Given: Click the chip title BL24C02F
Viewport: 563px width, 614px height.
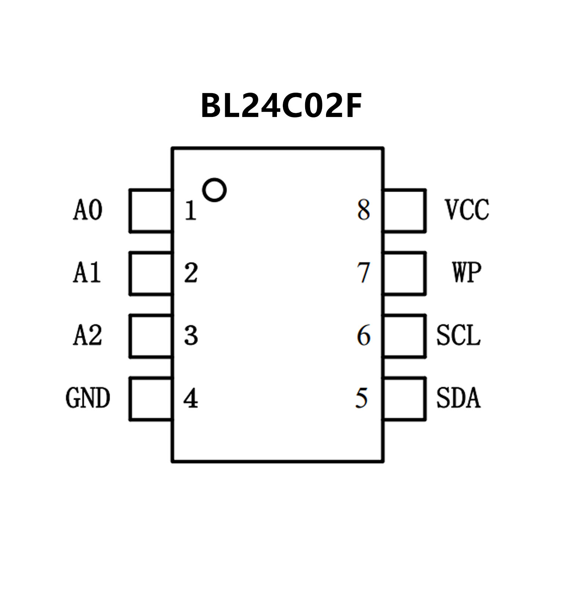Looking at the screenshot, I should tap(281, 106).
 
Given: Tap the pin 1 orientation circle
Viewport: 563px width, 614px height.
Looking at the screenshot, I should tap(214, 190).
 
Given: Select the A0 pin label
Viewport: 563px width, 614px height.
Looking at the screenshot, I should tap(88, 210).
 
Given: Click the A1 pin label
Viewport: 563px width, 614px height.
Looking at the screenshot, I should tap(87, 273).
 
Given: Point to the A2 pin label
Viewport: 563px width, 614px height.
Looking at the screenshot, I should tap(88, 335).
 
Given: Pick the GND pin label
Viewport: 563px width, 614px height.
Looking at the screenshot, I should tap(88, 398).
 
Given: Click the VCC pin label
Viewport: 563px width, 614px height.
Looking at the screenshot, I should tap(467, 210).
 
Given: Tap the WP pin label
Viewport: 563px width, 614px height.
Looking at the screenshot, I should tap(467, 273).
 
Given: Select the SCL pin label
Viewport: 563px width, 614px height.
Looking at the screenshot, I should tap(458, 335).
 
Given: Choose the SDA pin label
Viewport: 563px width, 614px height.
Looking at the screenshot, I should tap(458, 398).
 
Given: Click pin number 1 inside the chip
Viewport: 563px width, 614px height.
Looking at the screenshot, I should tap(190, 211).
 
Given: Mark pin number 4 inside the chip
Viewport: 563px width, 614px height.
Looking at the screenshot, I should tap(191, 399).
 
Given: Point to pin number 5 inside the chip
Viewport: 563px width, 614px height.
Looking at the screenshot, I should tap(362, 399).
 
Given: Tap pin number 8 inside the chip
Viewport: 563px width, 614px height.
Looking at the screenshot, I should tap(363, 211).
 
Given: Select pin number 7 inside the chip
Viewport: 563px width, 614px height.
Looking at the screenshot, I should tap(363, 273).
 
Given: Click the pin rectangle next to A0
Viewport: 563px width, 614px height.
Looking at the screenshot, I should tap(151, 211).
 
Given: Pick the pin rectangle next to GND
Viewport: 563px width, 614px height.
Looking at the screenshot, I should tap(151, 399).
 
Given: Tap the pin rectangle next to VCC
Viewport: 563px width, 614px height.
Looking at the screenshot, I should tap(405, 211).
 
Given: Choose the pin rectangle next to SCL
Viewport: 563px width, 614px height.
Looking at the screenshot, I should tap(405, 336).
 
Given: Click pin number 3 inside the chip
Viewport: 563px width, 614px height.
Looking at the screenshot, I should tap(191, 336).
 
